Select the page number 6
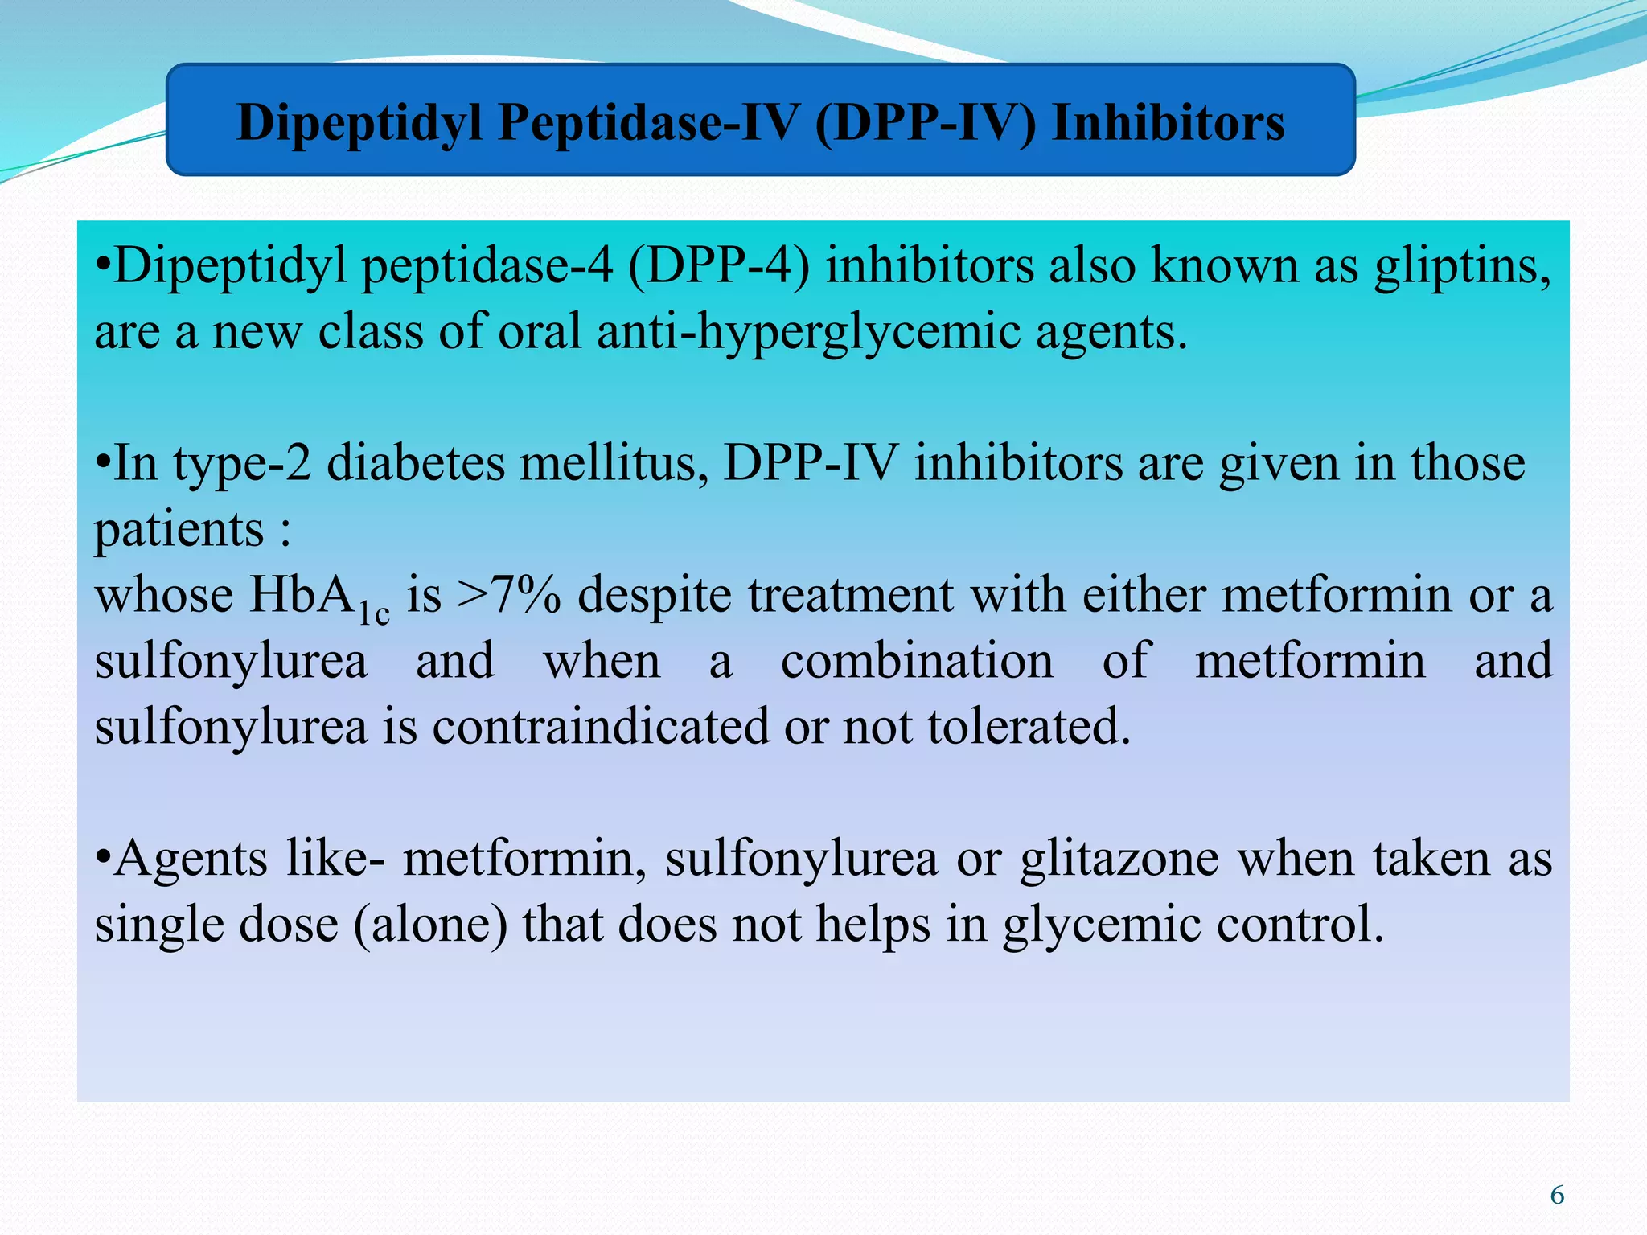[x=1557, y=1196]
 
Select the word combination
[x=917, y=662]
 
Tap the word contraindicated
[x=600, y=727]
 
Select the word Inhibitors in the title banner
[x=1168, y=123]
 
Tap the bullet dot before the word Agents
[x=102, y=859]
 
